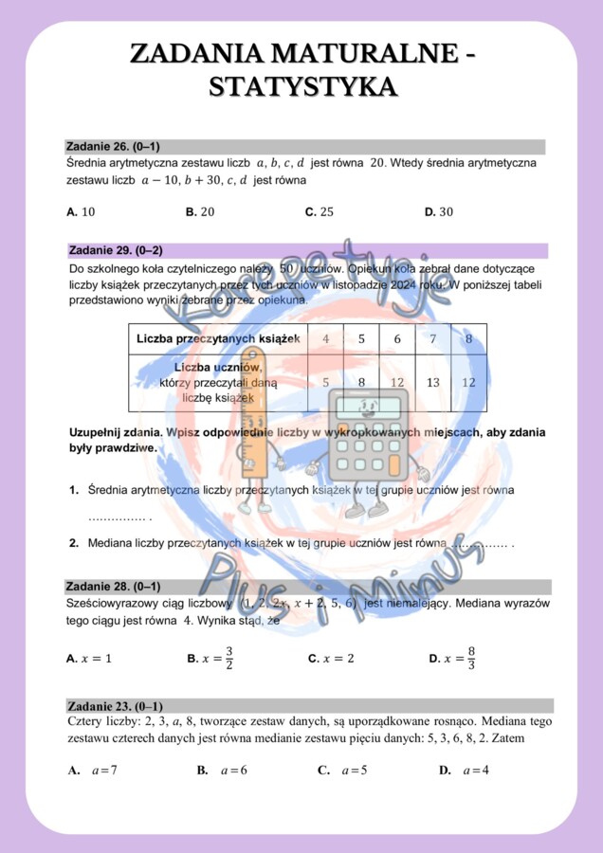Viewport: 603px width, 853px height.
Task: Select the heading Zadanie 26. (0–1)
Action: point(112,147)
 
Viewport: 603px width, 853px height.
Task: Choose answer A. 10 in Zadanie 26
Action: point(82,212)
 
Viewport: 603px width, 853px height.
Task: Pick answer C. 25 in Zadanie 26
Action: point(320,212)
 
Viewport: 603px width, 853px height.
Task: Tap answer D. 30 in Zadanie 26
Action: point(439,212)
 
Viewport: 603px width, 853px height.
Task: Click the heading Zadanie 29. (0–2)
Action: point(116,250)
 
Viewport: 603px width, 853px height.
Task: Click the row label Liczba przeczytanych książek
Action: point(218,338)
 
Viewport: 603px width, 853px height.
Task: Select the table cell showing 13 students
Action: point(433,383)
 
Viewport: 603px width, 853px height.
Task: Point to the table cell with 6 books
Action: point(397,338)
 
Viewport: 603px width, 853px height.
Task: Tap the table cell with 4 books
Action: point(326,338)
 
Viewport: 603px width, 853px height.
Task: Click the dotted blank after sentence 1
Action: point(118,517)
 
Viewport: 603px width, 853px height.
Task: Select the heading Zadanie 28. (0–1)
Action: point(112,587)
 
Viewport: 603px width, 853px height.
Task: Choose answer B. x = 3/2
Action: point(210,658)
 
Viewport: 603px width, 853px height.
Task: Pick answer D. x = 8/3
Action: point(452,658)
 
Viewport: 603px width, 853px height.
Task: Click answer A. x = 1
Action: point(89,658)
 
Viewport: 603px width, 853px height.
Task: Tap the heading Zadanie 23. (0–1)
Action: point(115,706)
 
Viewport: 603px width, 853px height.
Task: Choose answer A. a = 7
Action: point(93,771)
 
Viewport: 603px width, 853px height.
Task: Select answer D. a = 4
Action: point(465,771)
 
